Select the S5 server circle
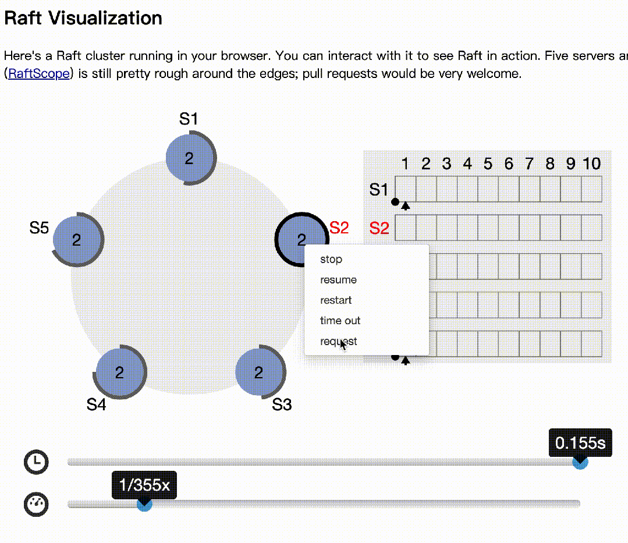coord(77,240)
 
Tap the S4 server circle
coord(119,372)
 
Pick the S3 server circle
coord(259,372)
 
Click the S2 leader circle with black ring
coord(300,239)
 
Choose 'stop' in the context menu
coord(331,260)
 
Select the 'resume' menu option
coord(338,280)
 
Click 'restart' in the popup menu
coord(336,300)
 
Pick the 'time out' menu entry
coord(340,321)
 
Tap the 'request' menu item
coord(339,342)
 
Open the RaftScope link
coord(39,74)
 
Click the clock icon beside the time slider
coord(36,462)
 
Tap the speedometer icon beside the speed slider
coord(36,504)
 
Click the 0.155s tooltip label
coord(580,443)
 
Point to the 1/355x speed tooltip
coord(144,485)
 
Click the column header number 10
coord(591,164)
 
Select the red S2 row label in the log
coord(379,228)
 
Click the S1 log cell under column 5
coord(488,189)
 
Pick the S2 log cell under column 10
coord(591,228)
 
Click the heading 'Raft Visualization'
coord(83,18)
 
